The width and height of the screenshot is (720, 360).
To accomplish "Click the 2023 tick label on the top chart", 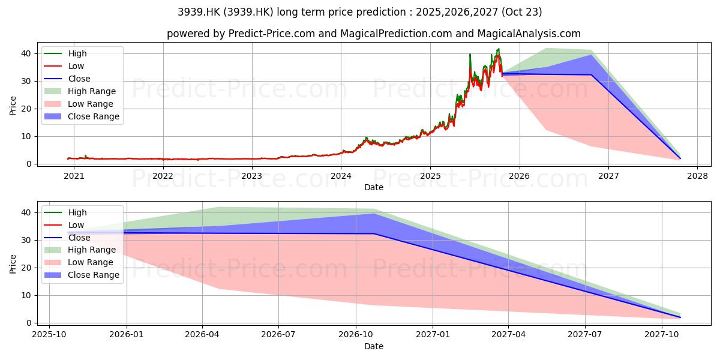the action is tap(251, 176).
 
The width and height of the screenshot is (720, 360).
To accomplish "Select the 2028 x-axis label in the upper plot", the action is tap(697, 176).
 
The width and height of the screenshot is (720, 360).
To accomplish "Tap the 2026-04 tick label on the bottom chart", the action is tap(202, 335).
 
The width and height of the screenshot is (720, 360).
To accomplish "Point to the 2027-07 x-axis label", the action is tap(585, 335).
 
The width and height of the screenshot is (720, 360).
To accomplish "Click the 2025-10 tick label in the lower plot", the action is tap(49, 335).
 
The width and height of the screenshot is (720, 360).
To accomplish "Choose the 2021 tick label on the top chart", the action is tap(74, 176).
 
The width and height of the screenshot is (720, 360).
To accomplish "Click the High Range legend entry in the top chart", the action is tap(80, 91).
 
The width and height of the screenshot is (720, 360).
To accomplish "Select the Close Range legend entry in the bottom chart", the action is tap(82, 275).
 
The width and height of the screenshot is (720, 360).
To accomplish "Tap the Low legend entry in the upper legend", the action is tap(64, 66).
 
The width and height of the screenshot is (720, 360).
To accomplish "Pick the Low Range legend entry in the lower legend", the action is tap(79, 262).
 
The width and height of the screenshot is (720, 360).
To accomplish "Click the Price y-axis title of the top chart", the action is tap(13, 106).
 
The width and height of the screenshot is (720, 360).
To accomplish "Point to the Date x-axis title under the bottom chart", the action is tap(373, 346).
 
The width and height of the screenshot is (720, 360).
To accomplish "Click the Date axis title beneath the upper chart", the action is tap(373, 187).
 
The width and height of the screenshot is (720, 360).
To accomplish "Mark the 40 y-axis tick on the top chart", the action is tap(26, 53).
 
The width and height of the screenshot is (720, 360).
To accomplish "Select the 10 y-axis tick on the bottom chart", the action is tap(26, 295).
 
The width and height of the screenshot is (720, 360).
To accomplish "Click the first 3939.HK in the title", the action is tap(199, 12).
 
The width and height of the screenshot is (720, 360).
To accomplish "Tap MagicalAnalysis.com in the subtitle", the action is tap(529, 34).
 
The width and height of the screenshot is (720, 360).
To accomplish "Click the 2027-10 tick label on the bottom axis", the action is tap(662, 335).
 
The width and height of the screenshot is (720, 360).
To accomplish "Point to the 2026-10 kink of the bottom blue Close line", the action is tap(374, 233).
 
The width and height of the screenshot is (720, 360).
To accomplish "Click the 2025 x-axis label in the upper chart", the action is tap(430, 176).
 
